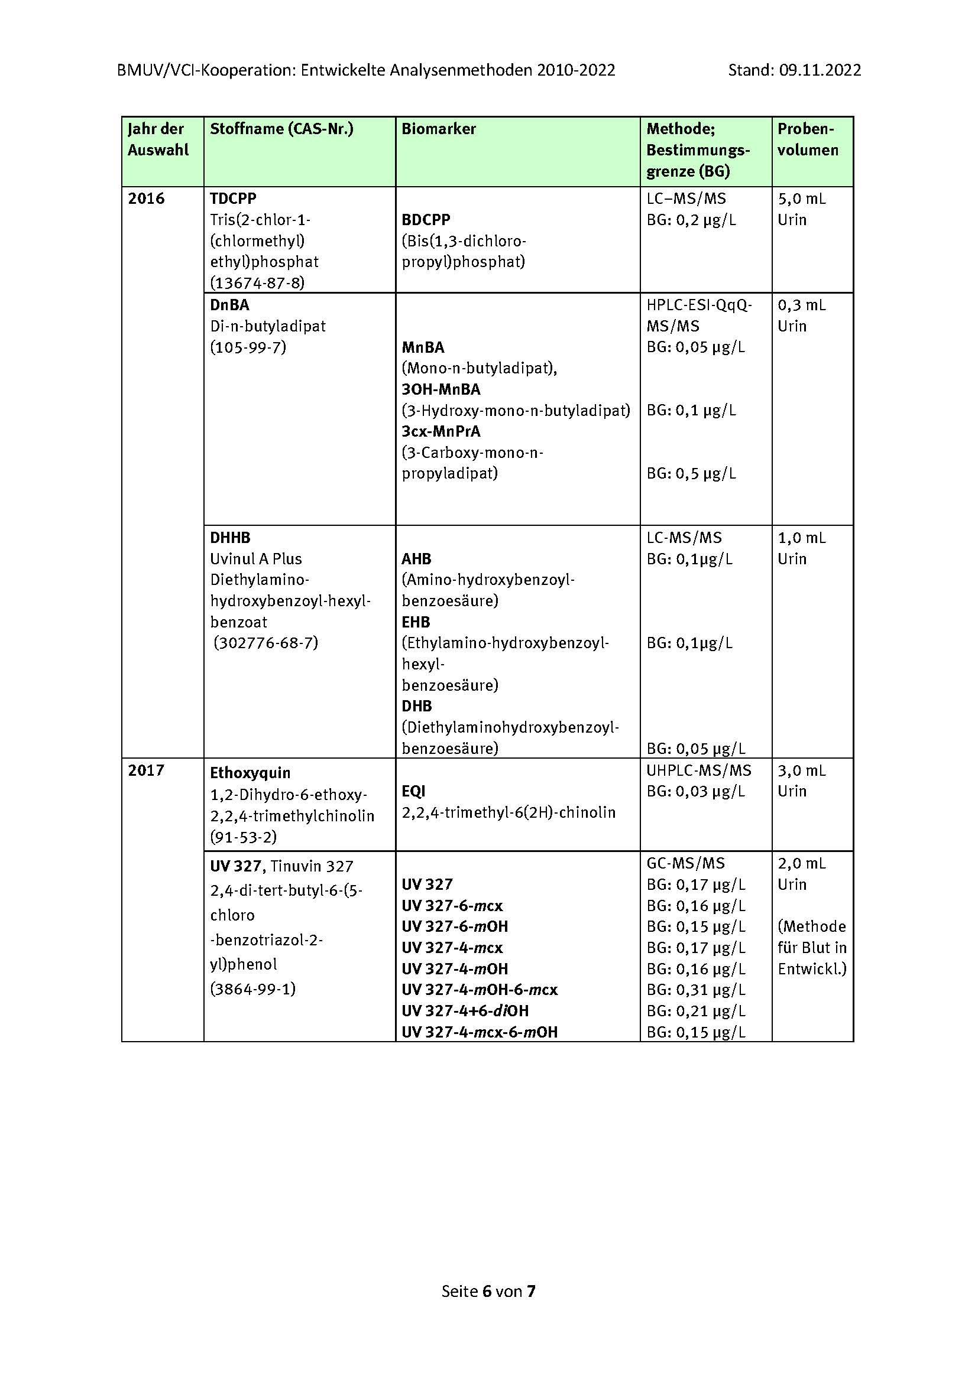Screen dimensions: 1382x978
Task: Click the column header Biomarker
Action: [438, 129]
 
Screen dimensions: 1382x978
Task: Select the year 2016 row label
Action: [146, 199]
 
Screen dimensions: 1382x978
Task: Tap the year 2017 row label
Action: [146, 770]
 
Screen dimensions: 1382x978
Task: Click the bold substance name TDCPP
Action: [233, 199]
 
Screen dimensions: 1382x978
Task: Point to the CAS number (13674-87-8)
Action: [257, 283]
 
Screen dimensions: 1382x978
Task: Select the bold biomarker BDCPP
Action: [426, 220]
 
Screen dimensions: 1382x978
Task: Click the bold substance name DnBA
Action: [229, 305]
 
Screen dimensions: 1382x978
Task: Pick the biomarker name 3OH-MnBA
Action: [441, 389]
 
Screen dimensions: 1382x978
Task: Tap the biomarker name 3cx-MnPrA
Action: [441, 431]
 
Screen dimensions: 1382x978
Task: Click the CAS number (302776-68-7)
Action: [265, 643]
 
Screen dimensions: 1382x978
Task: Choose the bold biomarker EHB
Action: [416, 622]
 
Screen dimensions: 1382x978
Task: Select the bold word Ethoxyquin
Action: [250, 773]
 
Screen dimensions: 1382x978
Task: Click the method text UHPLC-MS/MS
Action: [698, 770]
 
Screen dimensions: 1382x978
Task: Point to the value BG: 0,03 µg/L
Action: [695, 791]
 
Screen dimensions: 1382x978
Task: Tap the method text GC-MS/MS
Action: [686, 863]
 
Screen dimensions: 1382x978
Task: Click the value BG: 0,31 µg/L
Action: [695, 990]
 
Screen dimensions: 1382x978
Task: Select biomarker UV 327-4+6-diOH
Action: [465, 1010]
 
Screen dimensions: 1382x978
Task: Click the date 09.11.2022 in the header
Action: [820, 70]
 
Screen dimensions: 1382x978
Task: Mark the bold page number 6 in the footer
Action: [488, 1291]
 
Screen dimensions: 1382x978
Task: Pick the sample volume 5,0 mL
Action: [802, 199]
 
